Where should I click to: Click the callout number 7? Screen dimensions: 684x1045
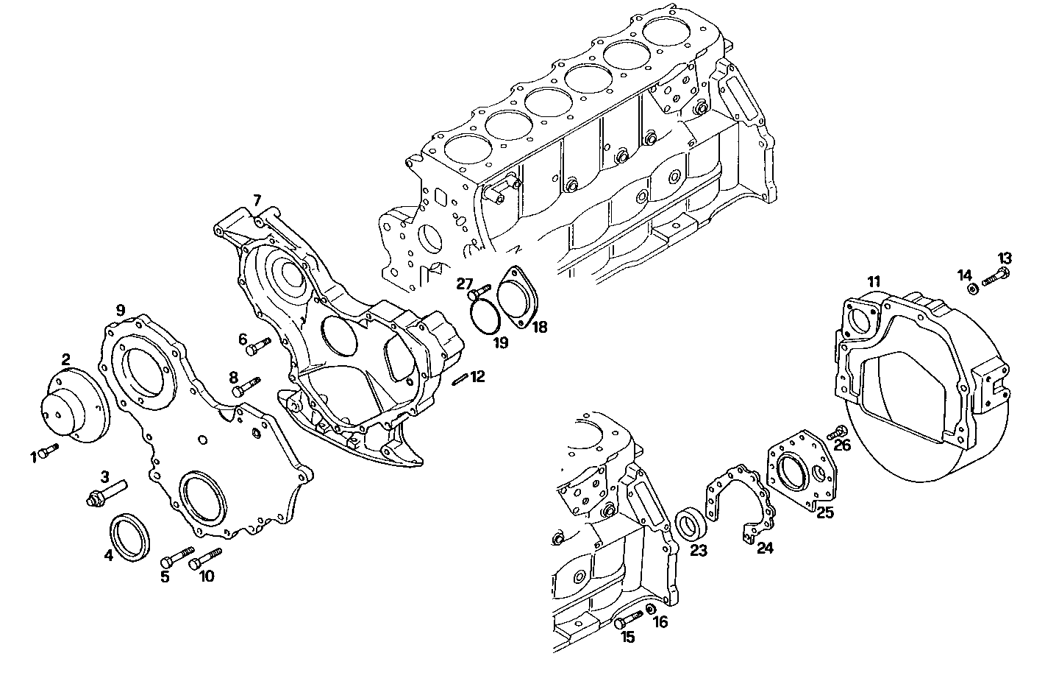(257, 200)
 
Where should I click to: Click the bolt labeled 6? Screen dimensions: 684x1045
(258, 346)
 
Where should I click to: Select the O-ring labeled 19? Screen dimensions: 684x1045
(486, 318)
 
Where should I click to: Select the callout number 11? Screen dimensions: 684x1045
(873, 281)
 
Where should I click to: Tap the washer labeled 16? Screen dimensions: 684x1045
(651, 610)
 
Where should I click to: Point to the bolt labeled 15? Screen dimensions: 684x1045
(627, 620)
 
